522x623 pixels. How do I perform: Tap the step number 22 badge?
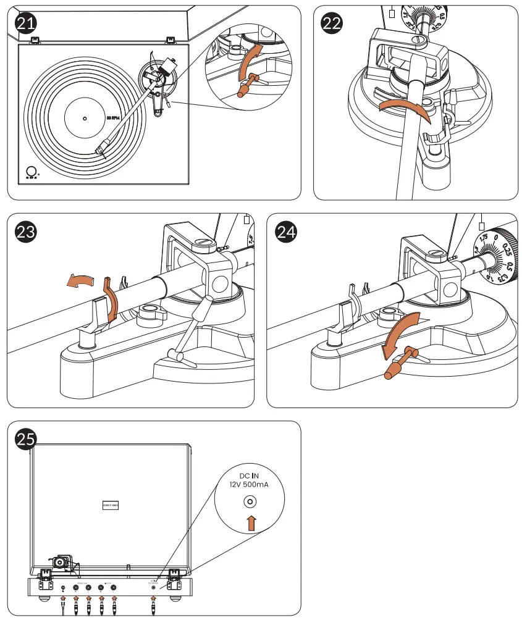coord(332,24)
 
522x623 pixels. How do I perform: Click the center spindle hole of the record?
coord(85,118)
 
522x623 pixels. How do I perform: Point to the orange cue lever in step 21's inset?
coord(244,86)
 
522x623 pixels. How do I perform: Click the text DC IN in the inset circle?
coord(251,475)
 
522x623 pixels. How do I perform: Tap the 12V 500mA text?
coord(251,486)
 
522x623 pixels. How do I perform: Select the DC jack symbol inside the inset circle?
coord(251,502)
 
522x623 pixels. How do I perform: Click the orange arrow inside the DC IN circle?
coord(251,524)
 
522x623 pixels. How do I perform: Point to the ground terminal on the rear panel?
coord(63,588)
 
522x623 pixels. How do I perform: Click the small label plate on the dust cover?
coord(109,505)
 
